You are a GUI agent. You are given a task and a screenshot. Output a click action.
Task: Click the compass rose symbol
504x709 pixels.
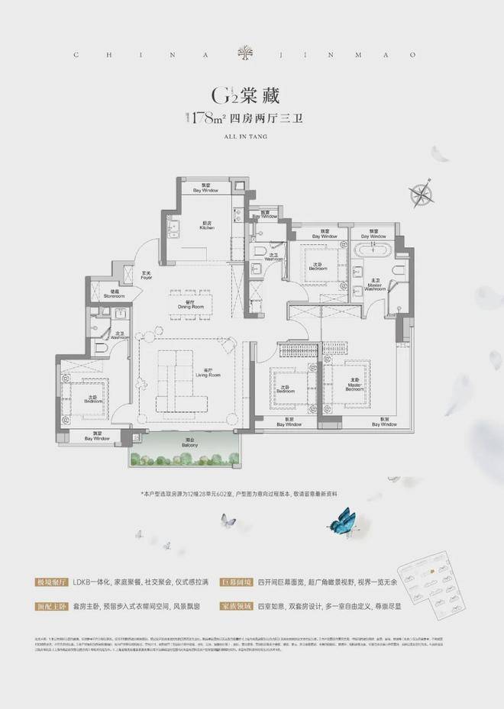(422, 193)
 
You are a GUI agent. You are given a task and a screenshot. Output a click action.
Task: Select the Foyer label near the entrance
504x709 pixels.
(147, 276)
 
